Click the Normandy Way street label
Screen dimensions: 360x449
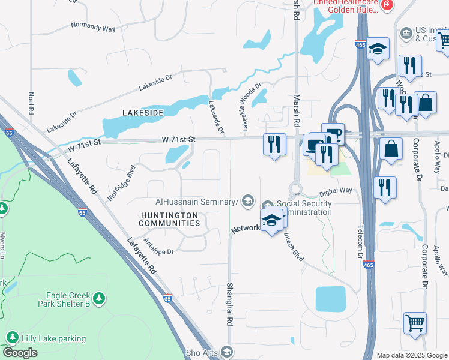pyautogui.click(x=92, y=26)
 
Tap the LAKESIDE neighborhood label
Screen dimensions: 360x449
pyautogui.click(x=143, y=113)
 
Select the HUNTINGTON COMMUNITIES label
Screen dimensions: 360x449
pyautogui.click(x=169, y=219)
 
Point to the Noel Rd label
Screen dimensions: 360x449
pyautogui.click(x=30, y=103)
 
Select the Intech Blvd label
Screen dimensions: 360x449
pyautogui.click(x=294, y=246)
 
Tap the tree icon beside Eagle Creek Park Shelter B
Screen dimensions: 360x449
pyautogui.click(x=99, y=298)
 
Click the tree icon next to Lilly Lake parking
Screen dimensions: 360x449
pyautogui.click(x=11, y=338)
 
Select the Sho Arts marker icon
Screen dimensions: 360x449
pyautogui.click(x=226, y=352)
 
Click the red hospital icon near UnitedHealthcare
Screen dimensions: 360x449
pyautogui.click(x=387, y=5)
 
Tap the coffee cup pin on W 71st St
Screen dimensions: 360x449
pyautogui.click(x=333, y=133)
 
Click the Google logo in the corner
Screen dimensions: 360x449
pyautogui.click(x=20, y=353)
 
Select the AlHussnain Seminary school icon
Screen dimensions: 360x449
pyautogui.click(x=247, y=202)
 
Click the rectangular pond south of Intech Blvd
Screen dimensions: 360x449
pyautogui.click(x=331, y=299)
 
